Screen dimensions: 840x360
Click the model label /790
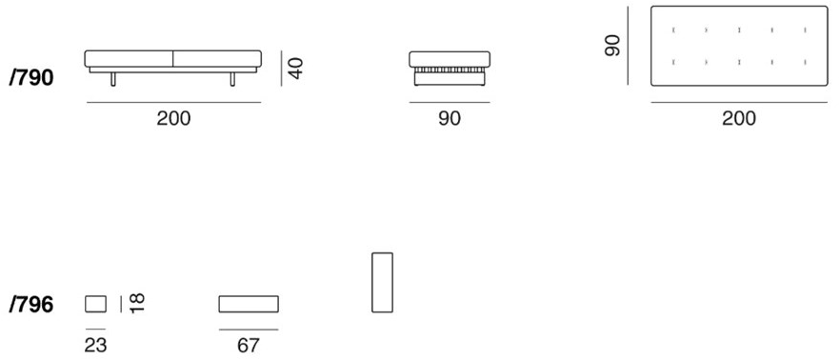pyautogui.click(x=30, y=78)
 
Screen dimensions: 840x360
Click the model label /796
pyautogui.click(x=30, y=305)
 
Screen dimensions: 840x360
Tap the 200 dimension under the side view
pyautogui.click(x=174, y=118)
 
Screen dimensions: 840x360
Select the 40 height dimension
pyautogui.click(x=295, y=68)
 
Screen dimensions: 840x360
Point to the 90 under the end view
pyautogui.click(x=450, y=118)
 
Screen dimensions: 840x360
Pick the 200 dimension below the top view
pyautogui.click(x=739, y=118)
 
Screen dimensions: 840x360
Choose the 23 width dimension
pyautogui.click(x=95, y=345)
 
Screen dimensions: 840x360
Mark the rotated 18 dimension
pyautogui.click(x=137, y=304)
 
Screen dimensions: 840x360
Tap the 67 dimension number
pyautogui.click(x=249, y=345)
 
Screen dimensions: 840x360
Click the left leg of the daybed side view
pyautogui.click(x=112, y=78)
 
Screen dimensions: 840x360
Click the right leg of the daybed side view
pyautogui.click(x=232, y=78)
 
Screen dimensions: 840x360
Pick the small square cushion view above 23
pyautogui.click(x=95, y=304)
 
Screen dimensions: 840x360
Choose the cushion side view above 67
pyautogui.click(x=249, y=304)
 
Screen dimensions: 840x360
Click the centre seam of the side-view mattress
pyautogui.click(x=172, y=60)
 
